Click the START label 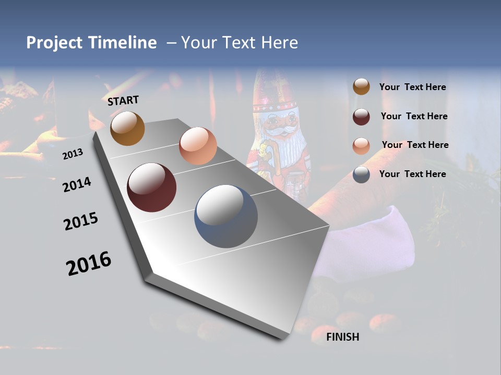point(123,101)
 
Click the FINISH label point(342,337)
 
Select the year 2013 point(73,154)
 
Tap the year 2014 point(77,184)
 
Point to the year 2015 point(81,221)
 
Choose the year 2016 point(89,264)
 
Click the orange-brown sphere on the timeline point(127,128)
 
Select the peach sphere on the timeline point(198,146)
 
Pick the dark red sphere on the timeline point(152,187)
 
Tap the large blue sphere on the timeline point(226,216)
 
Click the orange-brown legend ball point(361,86)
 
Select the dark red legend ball point(361,116)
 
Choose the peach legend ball point(361,145)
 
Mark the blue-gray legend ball point(361,174)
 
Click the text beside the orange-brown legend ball point(412,87)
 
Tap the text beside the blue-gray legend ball point(412,174)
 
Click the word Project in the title point(54,43)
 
